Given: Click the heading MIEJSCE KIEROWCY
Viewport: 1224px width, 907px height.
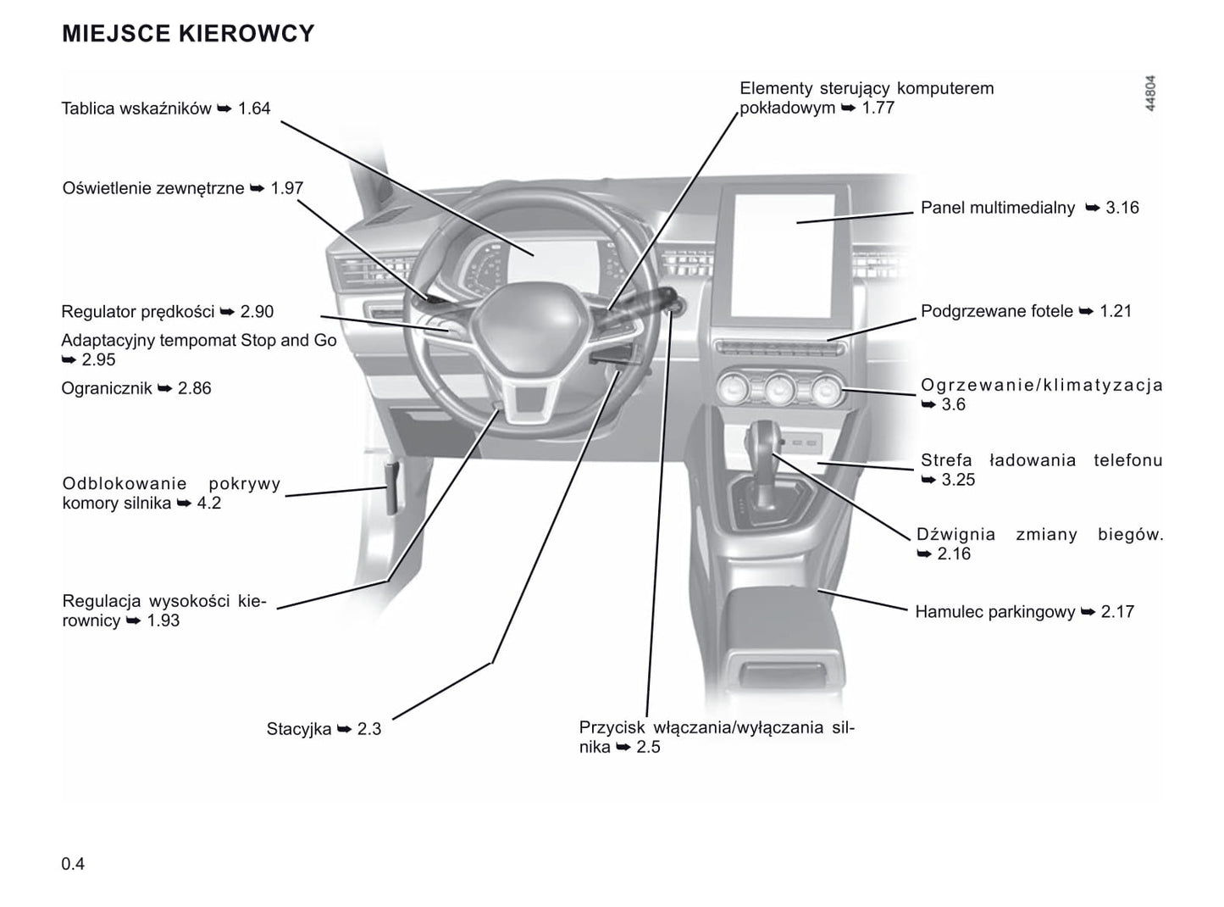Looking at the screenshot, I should (188, 34).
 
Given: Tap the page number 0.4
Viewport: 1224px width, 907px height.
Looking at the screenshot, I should (73, 864).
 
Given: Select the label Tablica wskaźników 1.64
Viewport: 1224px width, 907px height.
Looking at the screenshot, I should (166, 109).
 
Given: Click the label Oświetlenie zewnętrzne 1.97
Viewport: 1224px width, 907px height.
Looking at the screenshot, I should (183, 188).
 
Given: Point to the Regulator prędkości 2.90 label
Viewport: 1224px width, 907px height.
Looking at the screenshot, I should (168, 312).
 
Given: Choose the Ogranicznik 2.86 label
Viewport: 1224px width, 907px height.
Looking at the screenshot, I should (136, 388).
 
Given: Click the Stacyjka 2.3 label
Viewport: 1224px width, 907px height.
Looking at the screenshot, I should (324, 729).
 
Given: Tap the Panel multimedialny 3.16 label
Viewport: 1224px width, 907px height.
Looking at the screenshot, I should (1029, 208).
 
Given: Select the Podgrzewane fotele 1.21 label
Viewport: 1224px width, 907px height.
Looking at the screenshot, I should (1026, 311).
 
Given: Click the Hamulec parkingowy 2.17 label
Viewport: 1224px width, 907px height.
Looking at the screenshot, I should (1024, 612).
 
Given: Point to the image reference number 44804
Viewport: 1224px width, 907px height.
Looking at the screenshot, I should (1149, 94).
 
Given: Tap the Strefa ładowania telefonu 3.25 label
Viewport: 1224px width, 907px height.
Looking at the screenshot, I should (1041, 470).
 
